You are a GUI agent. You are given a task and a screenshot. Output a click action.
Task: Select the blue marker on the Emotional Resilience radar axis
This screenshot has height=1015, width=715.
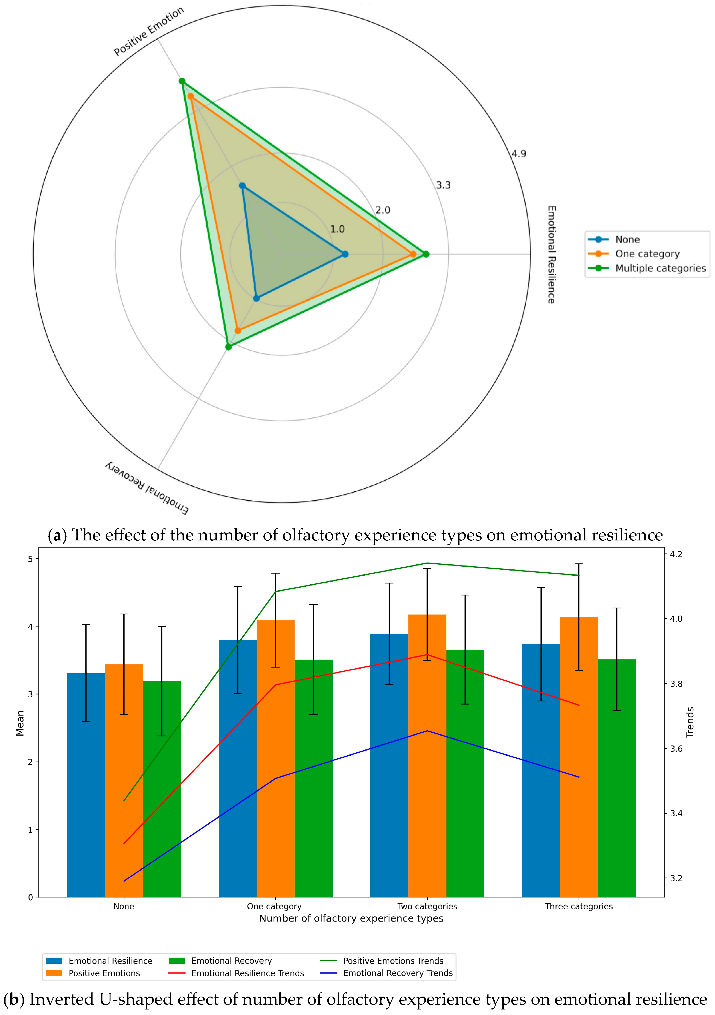(x=345, y=254)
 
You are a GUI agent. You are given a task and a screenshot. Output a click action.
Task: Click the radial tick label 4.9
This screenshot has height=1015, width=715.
(x=519, y=154)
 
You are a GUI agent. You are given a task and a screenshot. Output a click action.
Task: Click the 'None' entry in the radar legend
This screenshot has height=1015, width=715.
(x=627, y=240)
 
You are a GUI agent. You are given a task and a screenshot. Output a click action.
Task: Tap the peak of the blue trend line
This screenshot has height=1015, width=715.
(x=427, y=731)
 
